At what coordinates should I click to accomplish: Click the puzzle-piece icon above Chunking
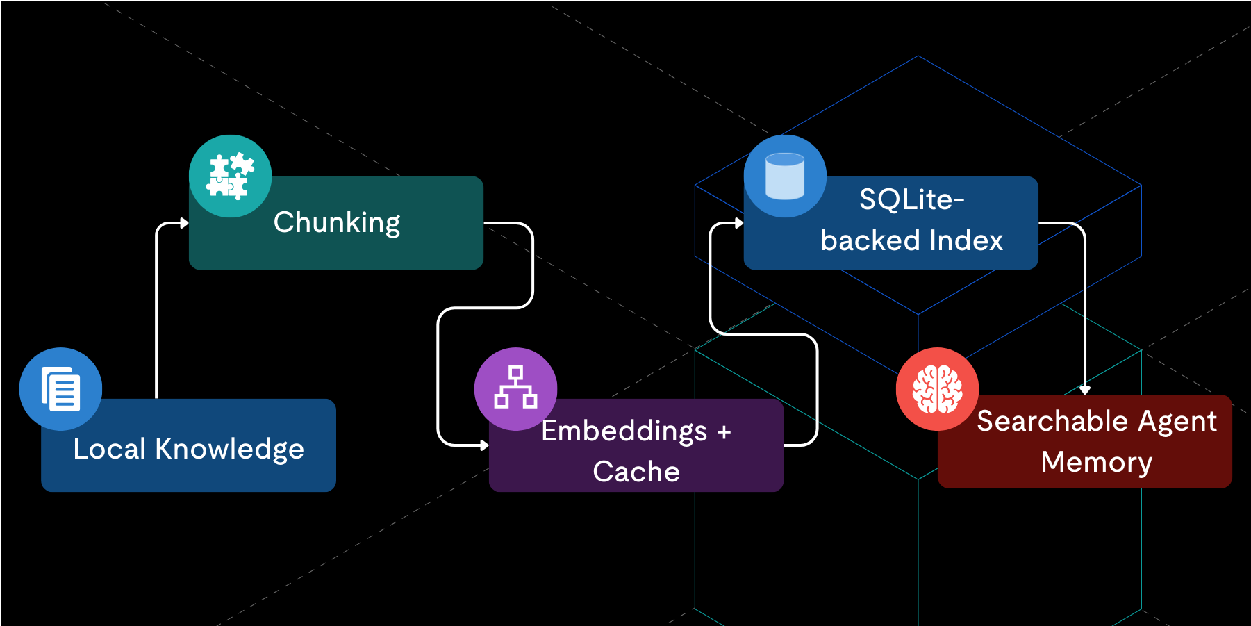[x=230, y=176]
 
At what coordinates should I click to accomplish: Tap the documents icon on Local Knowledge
[x=61, y=389]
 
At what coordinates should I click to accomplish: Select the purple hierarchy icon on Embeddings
[x=515, y=388]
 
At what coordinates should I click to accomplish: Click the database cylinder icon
[x=785, y=176]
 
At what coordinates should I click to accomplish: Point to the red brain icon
[x=937, y=389]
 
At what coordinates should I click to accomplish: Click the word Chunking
[x=337, y=223]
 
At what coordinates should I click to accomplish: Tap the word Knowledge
[x=229, y=450]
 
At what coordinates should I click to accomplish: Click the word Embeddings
[x=624, y=431]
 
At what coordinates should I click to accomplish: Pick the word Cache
[x=636, y=472]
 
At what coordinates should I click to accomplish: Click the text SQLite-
[x=911, y=200]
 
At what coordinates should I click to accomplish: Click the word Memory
[x=1096, y=462]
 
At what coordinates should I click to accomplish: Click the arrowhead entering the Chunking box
[x=184, y=223]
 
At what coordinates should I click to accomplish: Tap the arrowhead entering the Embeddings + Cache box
[x=484, y=445]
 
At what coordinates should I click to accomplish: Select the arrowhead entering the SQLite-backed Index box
[x=739, y=223]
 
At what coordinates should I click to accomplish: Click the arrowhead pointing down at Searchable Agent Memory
[x=1085, y=390]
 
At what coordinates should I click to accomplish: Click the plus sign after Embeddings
[x=724, y=432]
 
